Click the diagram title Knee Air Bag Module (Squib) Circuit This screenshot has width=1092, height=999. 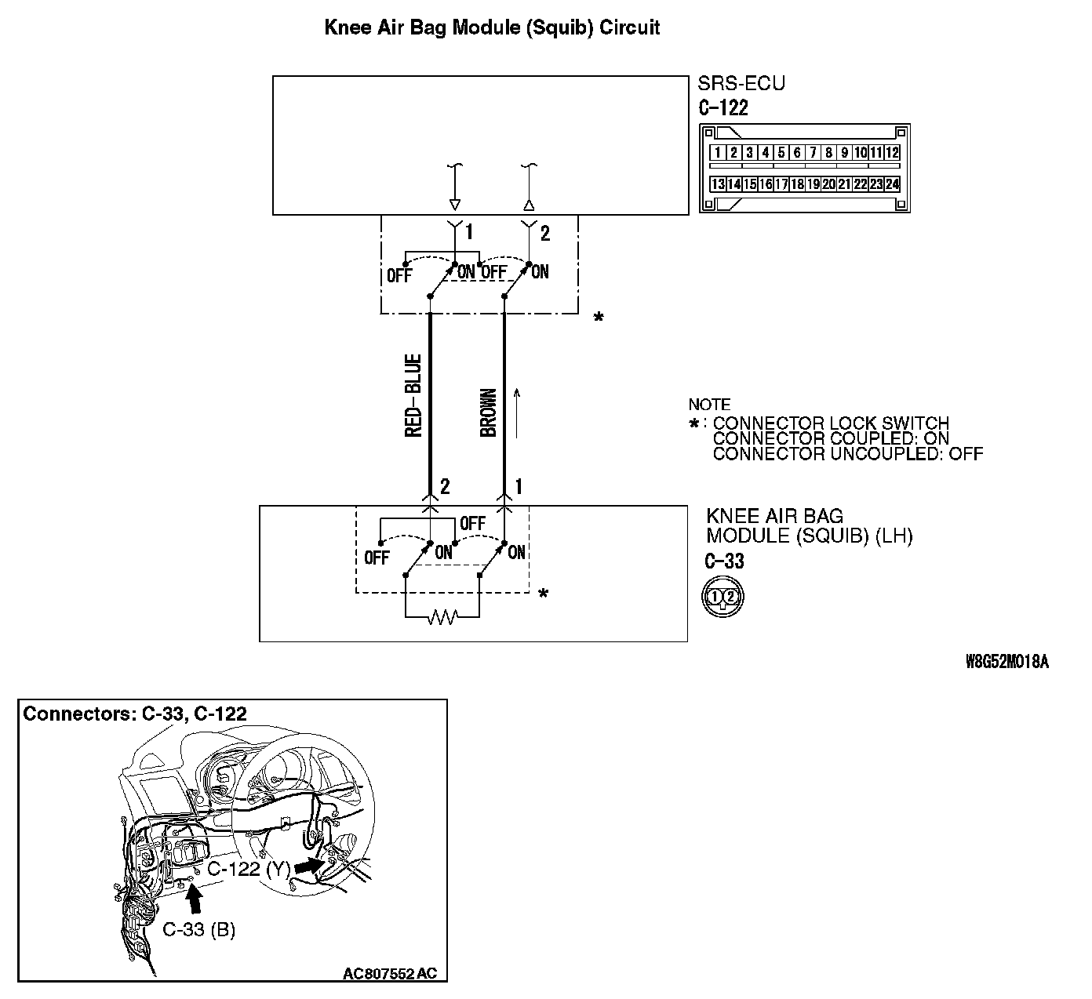click(x=492, y=28)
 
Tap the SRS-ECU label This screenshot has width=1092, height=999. click(x=741, y=83)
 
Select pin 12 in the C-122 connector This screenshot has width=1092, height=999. click(x=892, y=153)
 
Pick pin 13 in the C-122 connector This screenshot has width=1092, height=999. click(x=717, y=184)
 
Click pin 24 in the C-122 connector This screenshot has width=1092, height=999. click(x=892, y=184)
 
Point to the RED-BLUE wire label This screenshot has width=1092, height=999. click(x=413, y=396)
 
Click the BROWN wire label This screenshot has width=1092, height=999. click(x=488, y=412)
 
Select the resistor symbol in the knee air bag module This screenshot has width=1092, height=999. click(x=442, y=618)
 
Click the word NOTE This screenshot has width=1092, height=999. click(x=709, y=405)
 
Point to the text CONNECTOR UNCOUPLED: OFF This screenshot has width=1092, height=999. click(x=847, y=453)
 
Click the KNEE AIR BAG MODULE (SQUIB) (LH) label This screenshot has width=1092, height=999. click(x=809, y=526)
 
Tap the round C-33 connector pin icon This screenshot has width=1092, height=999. click(x=722, y=597)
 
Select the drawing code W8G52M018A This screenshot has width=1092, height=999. click(x=1006, y=662)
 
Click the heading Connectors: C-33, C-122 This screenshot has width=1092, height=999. click(x=135, y=714)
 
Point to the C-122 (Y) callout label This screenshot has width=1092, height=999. click(x=249, y=869)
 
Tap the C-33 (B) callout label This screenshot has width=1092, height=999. click(x=199, y=930)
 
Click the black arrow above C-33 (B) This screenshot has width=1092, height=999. click(x=195, y=899)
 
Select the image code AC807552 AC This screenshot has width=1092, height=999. click(x=390, y=974)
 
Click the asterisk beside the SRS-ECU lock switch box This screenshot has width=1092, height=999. click(x=599, y=318)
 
